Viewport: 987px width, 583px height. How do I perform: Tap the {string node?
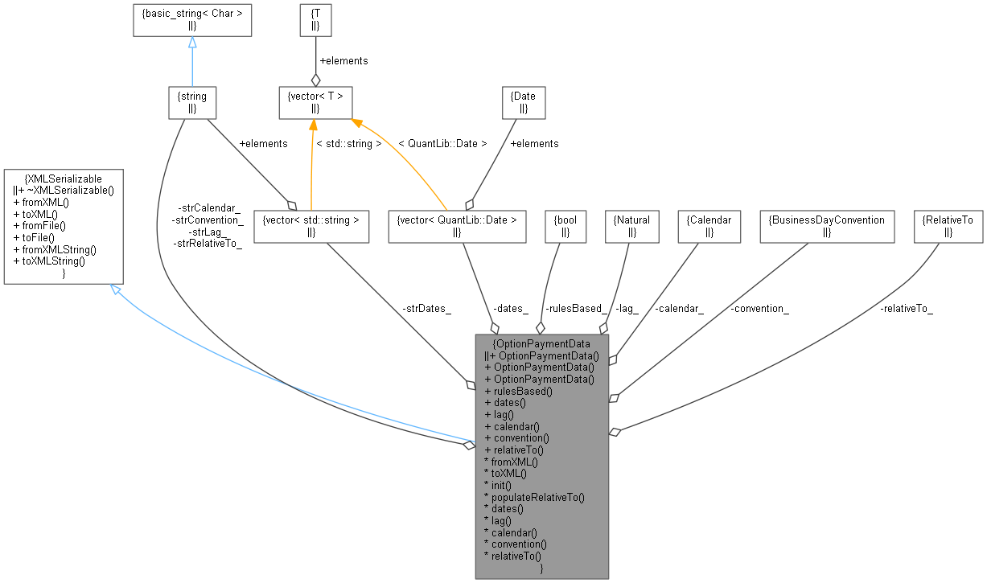[x=192, y=102]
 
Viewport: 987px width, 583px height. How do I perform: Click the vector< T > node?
[x=315, y=102]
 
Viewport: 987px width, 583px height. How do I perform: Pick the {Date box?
[x=523, y=102]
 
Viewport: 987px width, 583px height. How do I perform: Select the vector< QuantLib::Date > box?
[x=456, y=225]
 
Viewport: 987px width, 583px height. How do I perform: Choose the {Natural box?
[x=631, y=225]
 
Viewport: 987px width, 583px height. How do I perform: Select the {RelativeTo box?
[x=948, y=225]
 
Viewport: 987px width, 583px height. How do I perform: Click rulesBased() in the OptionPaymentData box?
[x=519, y=391]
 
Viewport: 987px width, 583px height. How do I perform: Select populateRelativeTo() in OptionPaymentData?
[x=533, y=497]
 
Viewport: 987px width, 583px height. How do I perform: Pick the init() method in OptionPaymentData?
[x=497, y=485]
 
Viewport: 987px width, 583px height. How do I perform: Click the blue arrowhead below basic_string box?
[x=192, y=42]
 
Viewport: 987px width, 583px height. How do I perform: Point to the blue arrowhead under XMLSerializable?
[x=115, y=289]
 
